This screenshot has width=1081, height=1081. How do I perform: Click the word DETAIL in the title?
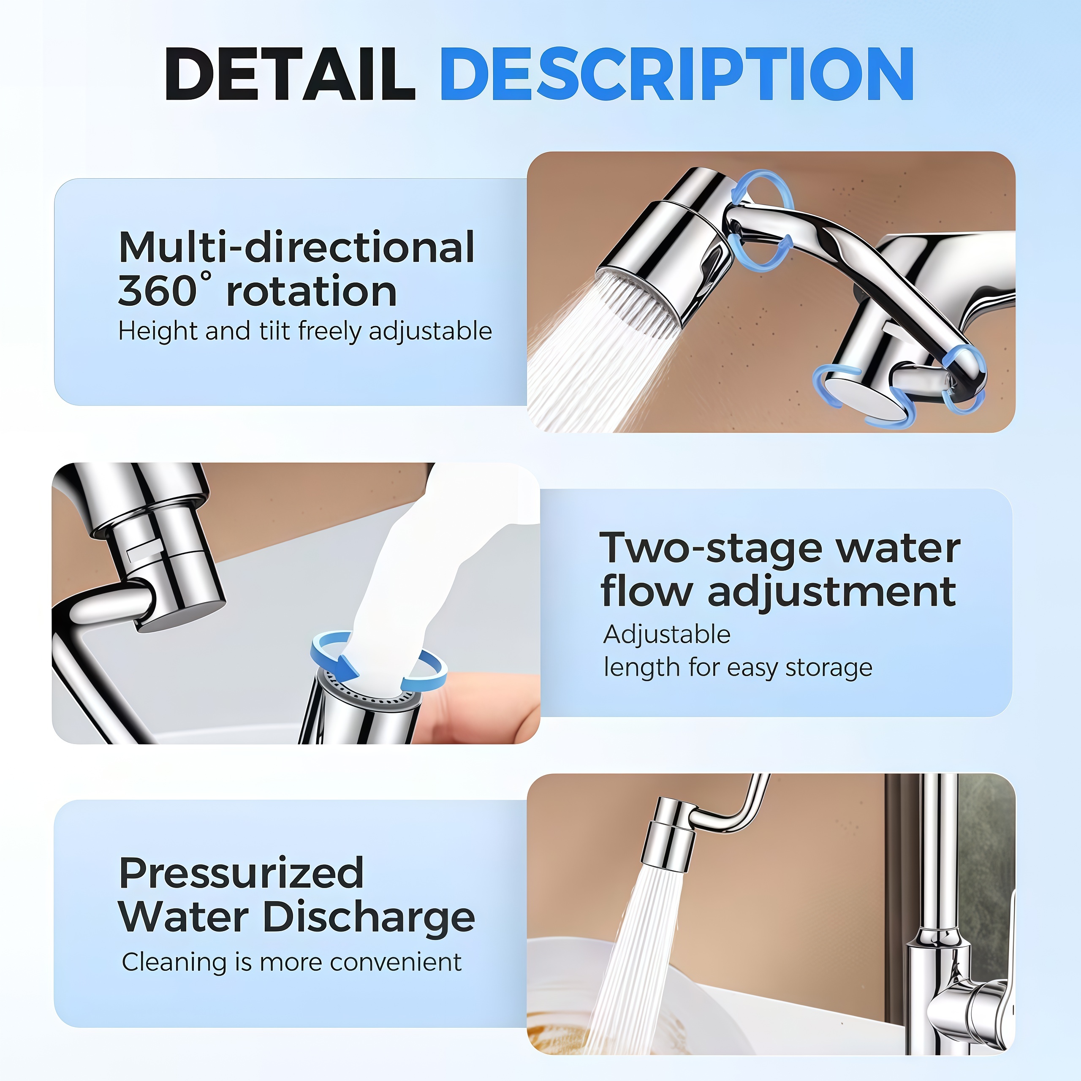pos(289,74)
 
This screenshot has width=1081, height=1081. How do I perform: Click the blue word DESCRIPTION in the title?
pos(676,74)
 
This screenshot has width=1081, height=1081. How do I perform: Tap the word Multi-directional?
pos(296,247)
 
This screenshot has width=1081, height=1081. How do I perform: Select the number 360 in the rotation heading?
pos(156,291)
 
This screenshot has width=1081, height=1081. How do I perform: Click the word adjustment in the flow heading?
pos(832,593)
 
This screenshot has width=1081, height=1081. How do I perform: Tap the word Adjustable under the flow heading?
pos(667,635)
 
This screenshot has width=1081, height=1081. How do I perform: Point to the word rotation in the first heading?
pos(312,291)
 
